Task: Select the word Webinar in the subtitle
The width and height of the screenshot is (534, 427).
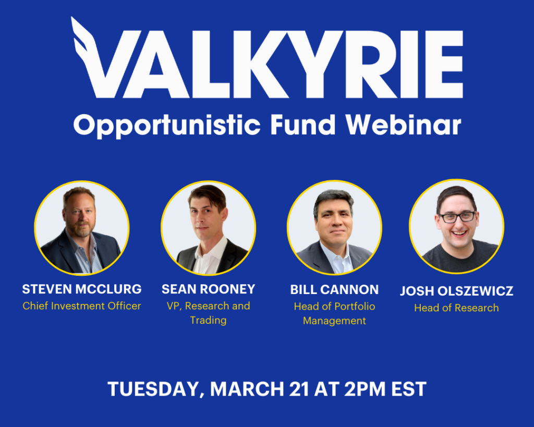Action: coord(403,125)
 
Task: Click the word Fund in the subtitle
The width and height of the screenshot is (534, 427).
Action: coord(303,125)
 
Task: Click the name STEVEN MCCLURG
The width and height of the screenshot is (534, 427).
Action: coord(82,289)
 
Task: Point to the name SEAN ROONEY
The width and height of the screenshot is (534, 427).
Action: coord(209,289)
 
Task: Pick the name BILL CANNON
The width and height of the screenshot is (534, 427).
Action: coord(334,289)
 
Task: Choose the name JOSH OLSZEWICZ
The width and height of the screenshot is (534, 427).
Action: coord(457,291)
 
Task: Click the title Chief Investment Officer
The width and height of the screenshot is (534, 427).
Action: coord(82,306)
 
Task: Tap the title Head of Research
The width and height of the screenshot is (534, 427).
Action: coord(456,308)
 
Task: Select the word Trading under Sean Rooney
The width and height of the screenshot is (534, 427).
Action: coord(209,321)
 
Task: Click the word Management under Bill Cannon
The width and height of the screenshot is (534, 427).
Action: coord(334,321)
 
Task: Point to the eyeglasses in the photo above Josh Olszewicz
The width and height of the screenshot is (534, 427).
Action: coord(457,217)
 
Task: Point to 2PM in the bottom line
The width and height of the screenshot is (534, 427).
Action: coord(365,389)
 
